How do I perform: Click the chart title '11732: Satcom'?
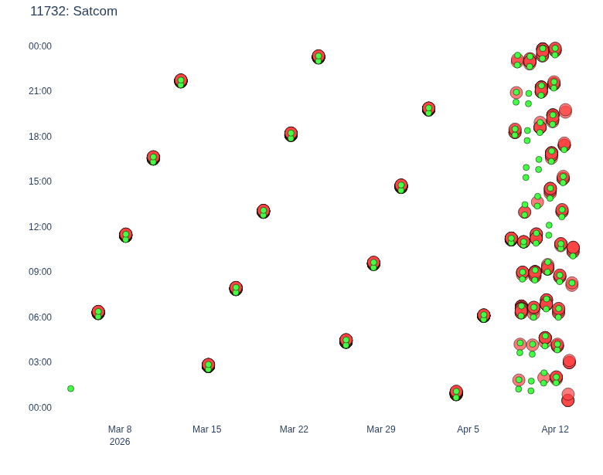click(x=74, y=11)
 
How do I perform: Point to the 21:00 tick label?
click(x=40, y=91)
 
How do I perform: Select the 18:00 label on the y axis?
click(x=40, y=137)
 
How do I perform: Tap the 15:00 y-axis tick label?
click(x=40, y=182)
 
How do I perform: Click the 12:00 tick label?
click(x=40, y=227)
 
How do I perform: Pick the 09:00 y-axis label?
click(x=40, y=272)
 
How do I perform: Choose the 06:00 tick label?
click(x=40, y=317)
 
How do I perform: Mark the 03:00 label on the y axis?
click(x=40, y=362)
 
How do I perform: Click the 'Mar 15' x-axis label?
click(x=207, y=429)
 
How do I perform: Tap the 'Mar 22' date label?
click(x=294, y=429)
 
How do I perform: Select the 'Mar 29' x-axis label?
click(x=380, y=429)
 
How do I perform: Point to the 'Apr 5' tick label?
click(x=468, y=429)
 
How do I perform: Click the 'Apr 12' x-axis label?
click(x=555, y=429)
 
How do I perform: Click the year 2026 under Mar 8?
click(x=120, y=442)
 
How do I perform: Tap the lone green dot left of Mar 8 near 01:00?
click(x=71, y=388)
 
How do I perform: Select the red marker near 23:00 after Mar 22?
click(x=319, y=57)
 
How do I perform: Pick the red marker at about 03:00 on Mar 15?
click(x=209, y=365)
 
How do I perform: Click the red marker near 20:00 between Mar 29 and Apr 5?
click(x=429, y=109)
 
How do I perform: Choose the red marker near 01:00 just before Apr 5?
click(x=456, y=393)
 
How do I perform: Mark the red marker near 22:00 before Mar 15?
click(x=181, y=80)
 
